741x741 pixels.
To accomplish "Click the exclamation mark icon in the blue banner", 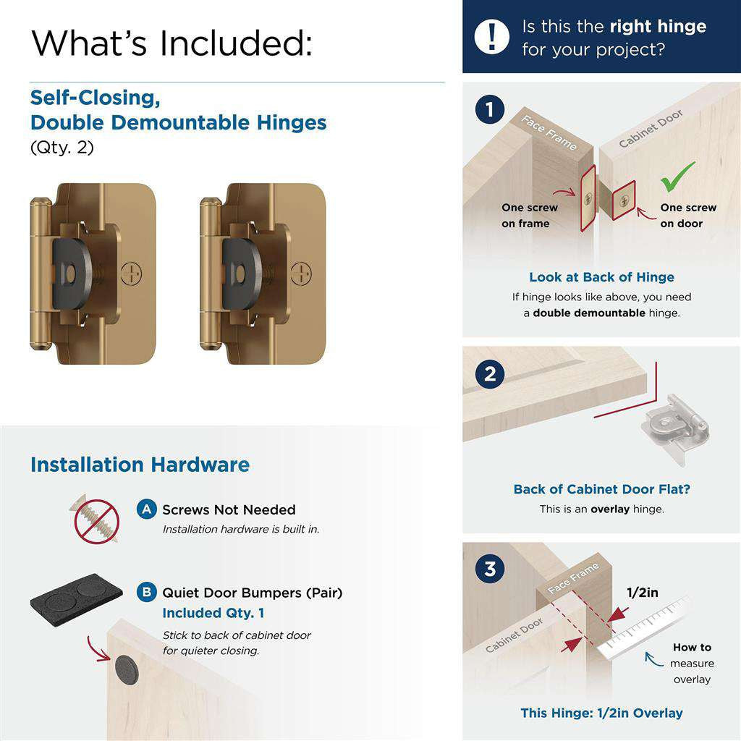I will pyautogui.click(x=492, y=36).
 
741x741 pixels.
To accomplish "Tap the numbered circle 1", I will pyautogui.click(x=490, y=111).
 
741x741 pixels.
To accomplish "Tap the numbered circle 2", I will pyautogui.click(x=490, y=374).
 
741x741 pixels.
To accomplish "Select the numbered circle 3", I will pyautogui.click(x=490, y=569).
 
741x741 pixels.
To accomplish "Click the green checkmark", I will pyautogui.click(x=678, y=176).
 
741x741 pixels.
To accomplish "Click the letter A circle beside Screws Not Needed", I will pyautogui.click(x=147, y=509).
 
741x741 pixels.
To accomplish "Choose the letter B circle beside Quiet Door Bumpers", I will pyautogui.click(x=147, y=593).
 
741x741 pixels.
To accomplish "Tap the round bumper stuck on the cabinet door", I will pyautogui.click(x=127, y=666).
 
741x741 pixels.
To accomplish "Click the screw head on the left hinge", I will pyautogui.click(x=132, y=274).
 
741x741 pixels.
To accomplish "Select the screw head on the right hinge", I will pyautogui.click(x=301, y=274).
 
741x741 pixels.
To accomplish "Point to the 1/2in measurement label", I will pyautogui.click(x=642, y=593).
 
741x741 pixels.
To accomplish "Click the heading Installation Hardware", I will pyautogui.click(x=140, y=465).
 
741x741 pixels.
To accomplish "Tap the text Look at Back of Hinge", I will pyautogui.click(x=601, y=277).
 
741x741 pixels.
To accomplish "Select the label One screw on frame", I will pyautogui.click(x=529, y=216).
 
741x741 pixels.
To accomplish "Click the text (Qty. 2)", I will pyautogui.click(x=62, y=148).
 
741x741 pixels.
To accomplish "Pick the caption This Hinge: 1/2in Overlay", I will pyautogui.click(x=601, y=713).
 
